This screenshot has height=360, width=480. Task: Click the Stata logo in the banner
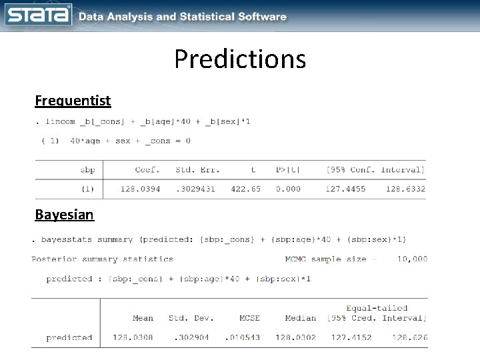[x=38, y=15]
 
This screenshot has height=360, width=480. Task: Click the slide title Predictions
[x=240, y=59]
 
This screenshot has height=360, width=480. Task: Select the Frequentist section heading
[x=73, y=101]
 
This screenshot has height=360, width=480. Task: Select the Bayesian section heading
[x=65, y=215]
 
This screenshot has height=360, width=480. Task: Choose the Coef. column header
[x=147, y=170]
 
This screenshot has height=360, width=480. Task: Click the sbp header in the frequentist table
[x=87, y=170]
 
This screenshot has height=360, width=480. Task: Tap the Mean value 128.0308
[x=134, y=337]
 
